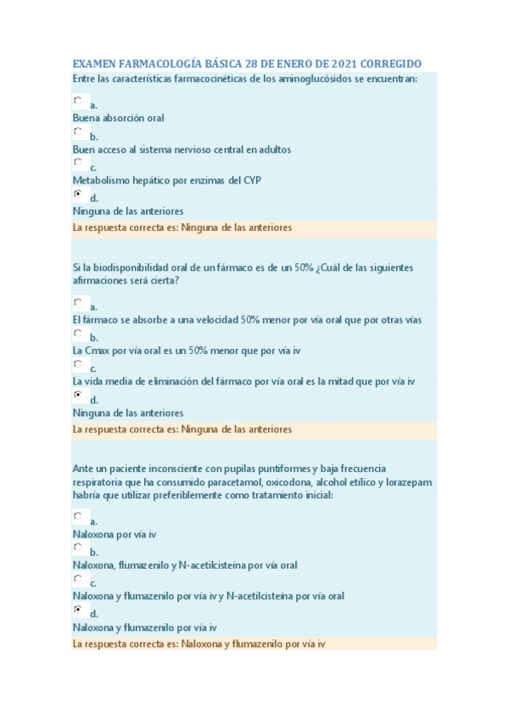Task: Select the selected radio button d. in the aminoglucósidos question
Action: [78, 194]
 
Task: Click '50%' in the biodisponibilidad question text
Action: [304, 267]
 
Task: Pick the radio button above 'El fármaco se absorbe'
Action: [78, 302]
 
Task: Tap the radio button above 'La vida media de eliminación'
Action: [78, 364]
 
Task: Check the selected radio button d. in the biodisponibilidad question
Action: [78, 396]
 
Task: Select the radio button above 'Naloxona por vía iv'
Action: [78, 516]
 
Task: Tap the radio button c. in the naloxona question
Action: [78, 579]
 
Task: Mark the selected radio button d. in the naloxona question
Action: [78, 610]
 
